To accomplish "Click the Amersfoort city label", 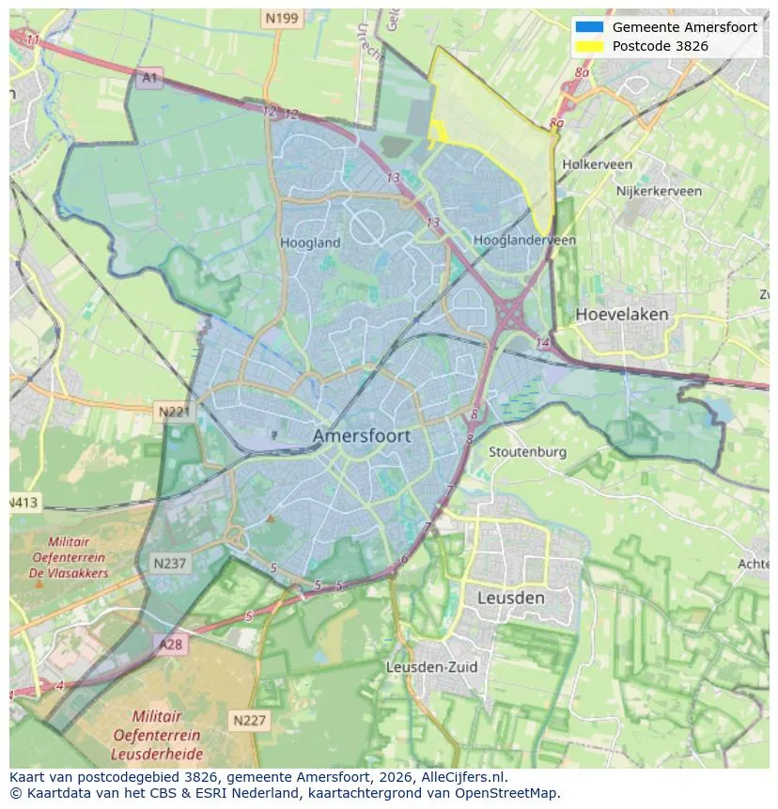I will (361, 436).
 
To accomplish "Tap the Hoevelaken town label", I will (622, 314).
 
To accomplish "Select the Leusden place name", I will (510, 598).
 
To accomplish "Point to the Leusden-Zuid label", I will (431, 667).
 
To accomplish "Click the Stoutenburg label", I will (527, 452).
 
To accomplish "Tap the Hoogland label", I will (310, 242).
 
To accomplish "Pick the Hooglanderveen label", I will (524, 241).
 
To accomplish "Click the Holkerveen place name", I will (597, 164).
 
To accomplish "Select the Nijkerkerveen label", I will (659, 191).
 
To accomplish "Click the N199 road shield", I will (281, 18).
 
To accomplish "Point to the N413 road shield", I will (23, 503).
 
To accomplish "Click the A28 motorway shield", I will (171, 645).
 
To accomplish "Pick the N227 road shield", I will (249, 721).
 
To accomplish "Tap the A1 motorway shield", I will (148, 79).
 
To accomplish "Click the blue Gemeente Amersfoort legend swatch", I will (589, 27).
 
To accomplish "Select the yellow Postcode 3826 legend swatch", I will (589, 46).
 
